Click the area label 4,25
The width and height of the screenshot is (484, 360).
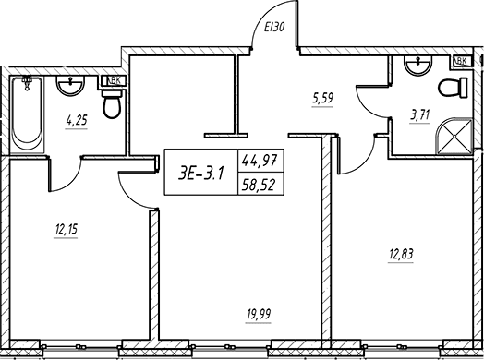[77, 120]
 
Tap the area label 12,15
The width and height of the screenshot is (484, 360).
[67, 229]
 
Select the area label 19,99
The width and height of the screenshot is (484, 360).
[259, 314]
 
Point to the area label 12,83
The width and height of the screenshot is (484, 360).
[401, 254]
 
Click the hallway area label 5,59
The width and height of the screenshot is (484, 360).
[323, 98]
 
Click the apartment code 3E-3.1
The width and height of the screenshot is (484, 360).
[201, 174]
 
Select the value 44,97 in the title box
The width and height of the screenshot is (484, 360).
[260, 161]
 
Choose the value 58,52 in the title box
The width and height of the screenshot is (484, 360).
[259, 186]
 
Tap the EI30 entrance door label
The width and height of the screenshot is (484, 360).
[274, 28]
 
